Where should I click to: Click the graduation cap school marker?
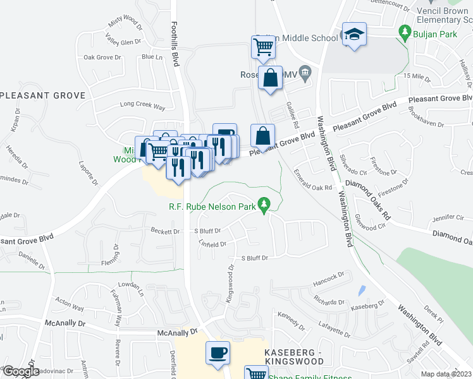click(354, 35)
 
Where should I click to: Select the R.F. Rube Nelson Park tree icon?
click(266, 205)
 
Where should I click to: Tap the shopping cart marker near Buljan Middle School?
click(263, 46)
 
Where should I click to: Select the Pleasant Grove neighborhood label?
click(42, 95)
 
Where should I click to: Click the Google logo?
click(20, 371)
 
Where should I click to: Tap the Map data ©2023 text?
click(446, 374)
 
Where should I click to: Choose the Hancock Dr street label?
click(328, 275)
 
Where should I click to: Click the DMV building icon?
click(305, 74)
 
